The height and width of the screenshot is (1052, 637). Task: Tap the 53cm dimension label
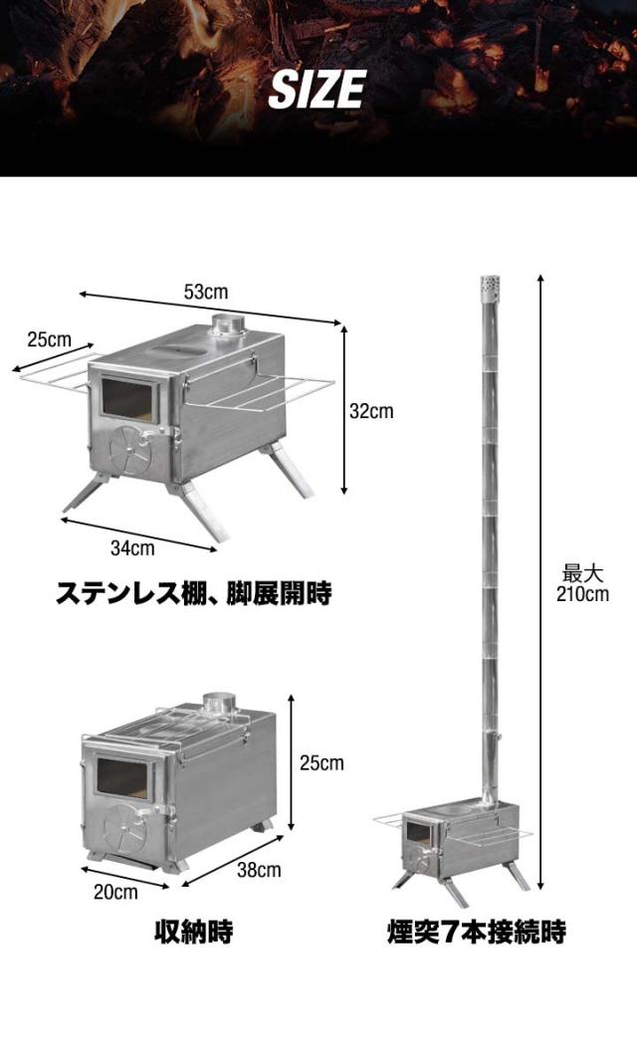coord(205,292)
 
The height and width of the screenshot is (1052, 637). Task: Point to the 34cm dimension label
coord(132,547)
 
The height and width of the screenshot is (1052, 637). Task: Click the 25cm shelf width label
coord(49,339)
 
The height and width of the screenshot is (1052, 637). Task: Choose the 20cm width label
coord(116,892)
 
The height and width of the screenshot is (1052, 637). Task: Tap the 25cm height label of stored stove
coord(321,763)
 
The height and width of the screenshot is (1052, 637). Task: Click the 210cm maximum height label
coord(582,594)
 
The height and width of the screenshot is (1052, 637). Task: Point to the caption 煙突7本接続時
coord(476,933)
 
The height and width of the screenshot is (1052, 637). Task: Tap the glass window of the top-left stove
coord(128,399)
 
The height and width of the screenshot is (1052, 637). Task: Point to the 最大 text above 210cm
coord(583,574)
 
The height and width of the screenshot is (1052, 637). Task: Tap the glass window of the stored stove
coord(121,777)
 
